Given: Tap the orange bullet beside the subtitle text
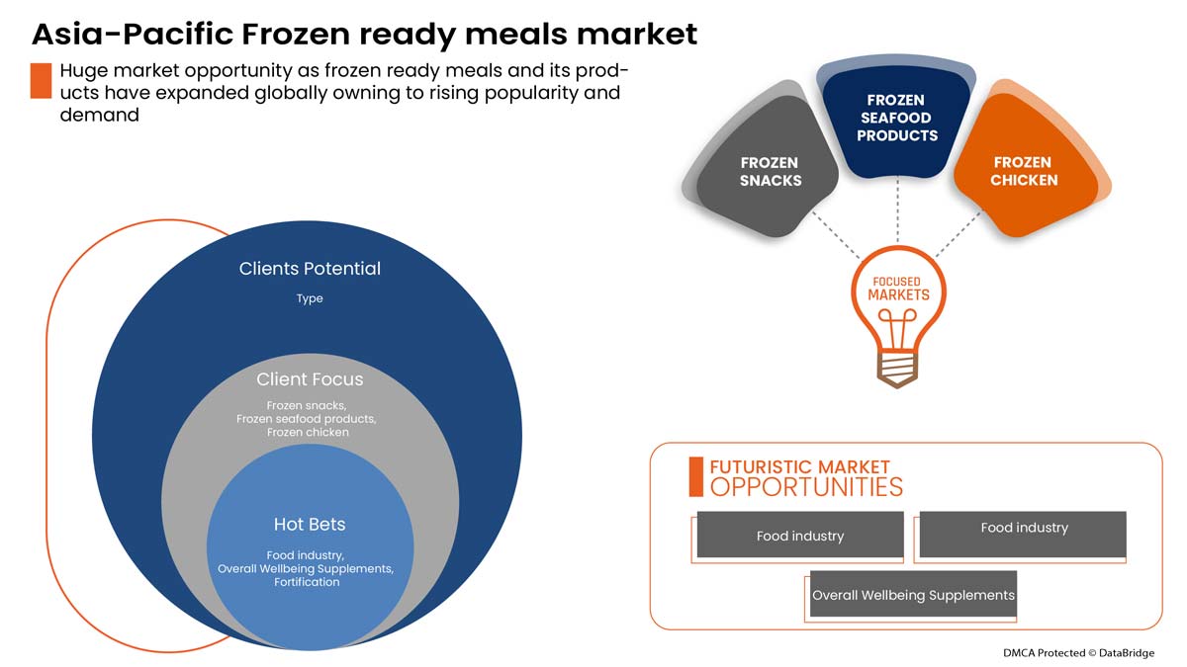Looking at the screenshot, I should tap(41, 81).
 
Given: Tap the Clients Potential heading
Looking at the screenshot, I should tap(310, 268).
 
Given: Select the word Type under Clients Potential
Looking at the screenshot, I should tap(310, 298).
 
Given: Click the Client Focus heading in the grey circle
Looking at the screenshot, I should tap(310, 378).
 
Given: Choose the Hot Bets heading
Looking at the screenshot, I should tap(310, 524).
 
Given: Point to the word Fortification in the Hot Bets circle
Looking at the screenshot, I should tap(307, 582).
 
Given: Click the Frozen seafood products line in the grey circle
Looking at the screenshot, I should tap(307, 419).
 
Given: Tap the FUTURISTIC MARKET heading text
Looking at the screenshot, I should tap(799, 466).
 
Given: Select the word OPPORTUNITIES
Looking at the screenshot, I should tap(806, 487).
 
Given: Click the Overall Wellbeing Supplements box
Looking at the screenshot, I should tap(913, 595).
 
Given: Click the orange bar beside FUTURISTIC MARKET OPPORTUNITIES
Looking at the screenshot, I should tap(695, 476).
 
